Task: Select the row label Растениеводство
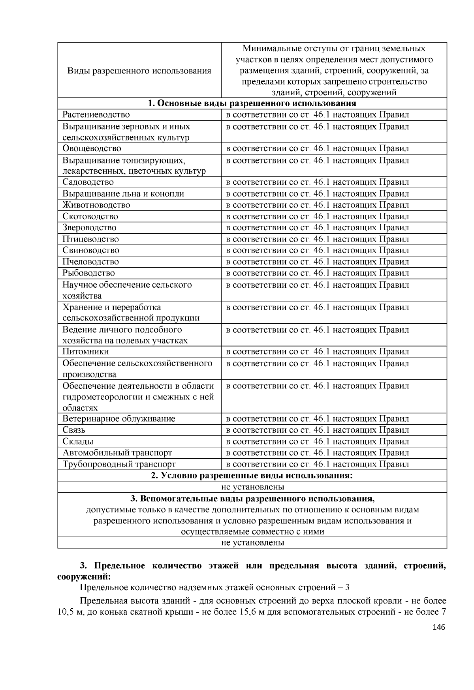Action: click(x=96, y=115)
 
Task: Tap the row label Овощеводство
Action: click(x=92, y=148)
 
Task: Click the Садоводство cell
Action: click(x=88, y=182)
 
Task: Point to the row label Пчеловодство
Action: click(x=90, y=262)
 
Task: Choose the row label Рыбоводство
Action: click(x=88, y=273)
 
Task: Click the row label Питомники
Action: click(x=85, y=351)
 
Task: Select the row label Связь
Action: click(x=74, y=430)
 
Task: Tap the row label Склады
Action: click(x=78, y=441)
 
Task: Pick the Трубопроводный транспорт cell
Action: click(x=119, y=464)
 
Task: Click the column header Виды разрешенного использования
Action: click(x=139, y=71)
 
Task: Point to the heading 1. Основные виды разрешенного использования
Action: click(x=252, y=103)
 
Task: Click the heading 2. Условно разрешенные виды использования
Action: click(x=252, y=475)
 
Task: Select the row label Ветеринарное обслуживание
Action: click(x=118, y=418)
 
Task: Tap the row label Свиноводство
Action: click(x=90, y=250)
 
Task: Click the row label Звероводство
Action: click(x=89, y=227)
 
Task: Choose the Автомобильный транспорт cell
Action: click(x=117, y=453)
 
